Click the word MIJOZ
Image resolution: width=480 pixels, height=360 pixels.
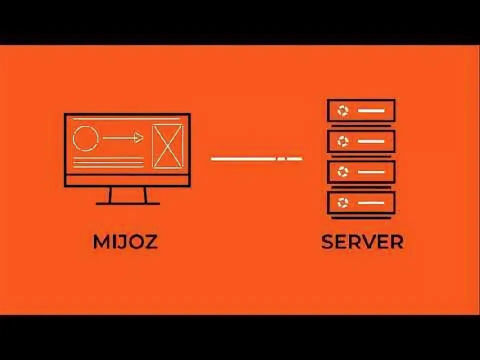(x=125, y=242)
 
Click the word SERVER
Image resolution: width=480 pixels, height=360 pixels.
(x=362, y=242)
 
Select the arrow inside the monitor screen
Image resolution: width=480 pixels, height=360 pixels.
(x=123, y=138)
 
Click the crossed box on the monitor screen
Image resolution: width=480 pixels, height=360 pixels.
(x=167, y=145)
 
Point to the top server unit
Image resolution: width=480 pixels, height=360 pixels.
(x=361, y=110)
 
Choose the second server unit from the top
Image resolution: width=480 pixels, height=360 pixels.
(x=361, y=141)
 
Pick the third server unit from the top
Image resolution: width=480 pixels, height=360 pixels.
(x=361, y=172)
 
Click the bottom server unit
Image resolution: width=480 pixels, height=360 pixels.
(x=361, y=202)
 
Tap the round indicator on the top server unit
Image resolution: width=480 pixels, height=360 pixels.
(x=343, y=110)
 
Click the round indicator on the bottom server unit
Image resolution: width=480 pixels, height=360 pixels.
(x=343, y=202)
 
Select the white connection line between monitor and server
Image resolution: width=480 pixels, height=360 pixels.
(x=256, y=159)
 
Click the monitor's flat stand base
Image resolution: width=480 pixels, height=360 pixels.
(x=128, y=203)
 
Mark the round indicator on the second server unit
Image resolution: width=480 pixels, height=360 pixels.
(x=343, y=141)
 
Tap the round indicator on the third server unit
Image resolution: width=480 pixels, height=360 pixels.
(x=343, y=172)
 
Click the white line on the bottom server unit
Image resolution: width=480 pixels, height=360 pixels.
(x=371, y=202)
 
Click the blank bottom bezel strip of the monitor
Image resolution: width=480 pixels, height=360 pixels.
(x=127, y=180)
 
